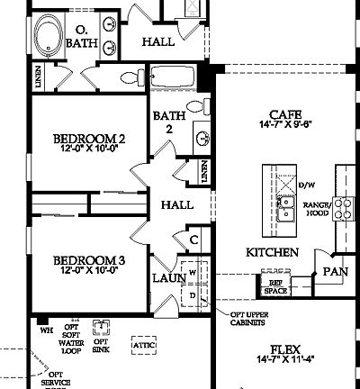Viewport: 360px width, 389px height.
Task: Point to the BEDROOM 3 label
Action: coord(87,260)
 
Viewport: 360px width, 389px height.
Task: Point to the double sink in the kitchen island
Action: coord(285,212)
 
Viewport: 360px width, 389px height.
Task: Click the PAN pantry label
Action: coord(336,270)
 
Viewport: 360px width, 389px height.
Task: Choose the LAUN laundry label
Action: coord(168,279)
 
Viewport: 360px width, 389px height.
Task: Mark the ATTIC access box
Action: coord(143,343)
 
